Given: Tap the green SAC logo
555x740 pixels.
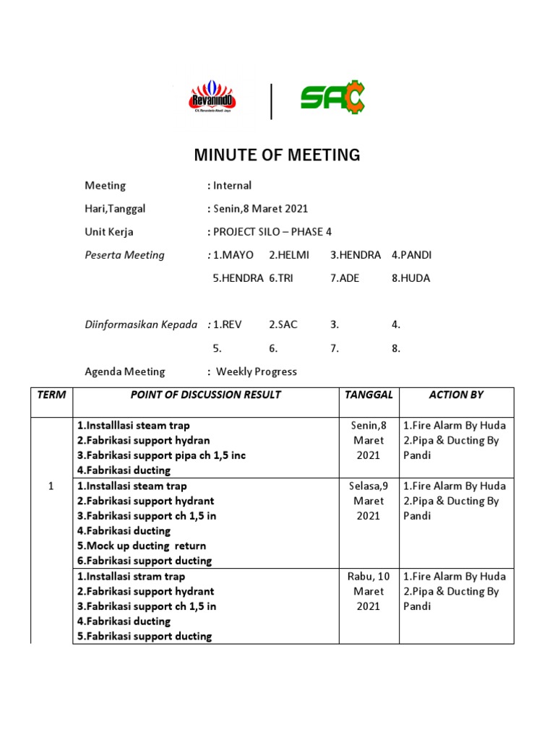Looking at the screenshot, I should (x=333, y=98).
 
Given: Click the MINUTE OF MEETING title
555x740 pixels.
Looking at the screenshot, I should (x=277, y=155).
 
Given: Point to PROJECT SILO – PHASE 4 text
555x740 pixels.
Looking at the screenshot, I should (x=275, y=232).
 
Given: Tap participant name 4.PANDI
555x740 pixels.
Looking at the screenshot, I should (x=411, y=255).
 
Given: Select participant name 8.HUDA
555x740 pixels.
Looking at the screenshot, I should (x=410, y=278).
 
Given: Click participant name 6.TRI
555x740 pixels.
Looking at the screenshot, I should (x=281, y=278).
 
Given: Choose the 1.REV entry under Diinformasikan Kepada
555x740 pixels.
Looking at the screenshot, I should (x=228, y=325).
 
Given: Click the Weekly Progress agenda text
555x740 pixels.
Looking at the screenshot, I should (x=257, y=372).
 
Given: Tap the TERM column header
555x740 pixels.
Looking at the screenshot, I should (x=51, y=395).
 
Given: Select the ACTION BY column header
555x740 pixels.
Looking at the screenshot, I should (x=456, y=395).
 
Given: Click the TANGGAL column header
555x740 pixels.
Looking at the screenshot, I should (x=369, y=395).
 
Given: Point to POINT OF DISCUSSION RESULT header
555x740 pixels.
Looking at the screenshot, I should (x=205, y=395).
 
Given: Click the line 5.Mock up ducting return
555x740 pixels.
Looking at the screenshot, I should (x=142, y=546).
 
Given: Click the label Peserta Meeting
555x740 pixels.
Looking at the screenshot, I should (x=124, y=255).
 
